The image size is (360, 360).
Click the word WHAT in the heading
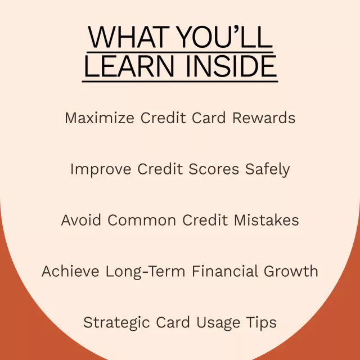coord(129,37)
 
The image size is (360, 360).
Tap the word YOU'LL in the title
coord(225,37)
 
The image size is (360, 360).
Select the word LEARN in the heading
coord(129,66)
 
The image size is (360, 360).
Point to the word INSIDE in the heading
coord(231,66)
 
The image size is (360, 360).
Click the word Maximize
coord(100,118)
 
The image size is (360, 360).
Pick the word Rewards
coord(264,118)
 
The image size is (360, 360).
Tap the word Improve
coord(101,169)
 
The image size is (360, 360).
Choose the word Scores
coord(214,169)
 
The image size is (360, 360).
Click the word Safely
coord(268,169)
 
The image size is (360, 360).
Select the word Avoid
coord(81,220)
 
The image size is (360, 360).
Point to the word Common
coord(142,220)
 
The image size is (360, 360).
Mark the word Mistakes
coord(266,220)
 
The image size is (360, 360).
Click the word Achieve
coord(70,271)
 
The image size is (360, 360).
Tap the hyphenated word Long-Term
coord(145,272)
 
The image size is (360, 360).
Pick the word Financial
coord(225,271)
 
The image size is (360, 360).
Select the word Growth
coord(291,271)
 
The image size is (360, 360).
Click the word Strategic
coord(116,322)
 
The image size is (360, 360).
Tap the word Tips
coord(261,323)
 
